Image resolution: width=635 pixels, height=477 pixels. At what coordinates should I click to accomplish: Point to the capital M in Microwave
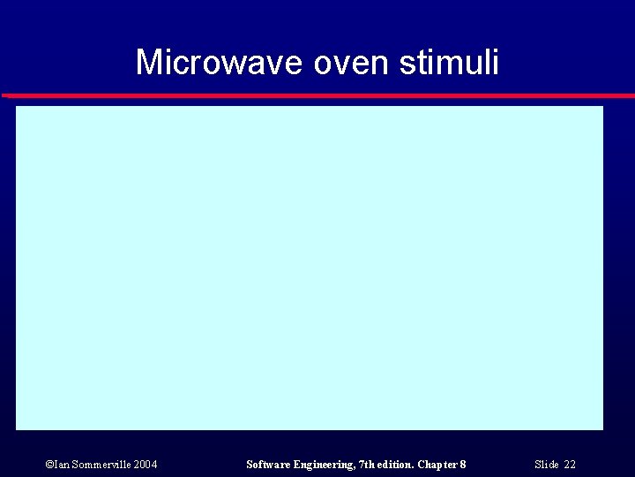click(x=149, y=63)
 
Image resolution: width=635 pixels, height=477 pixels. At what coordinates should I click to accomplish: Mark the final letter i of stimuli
click(x=496, y=62)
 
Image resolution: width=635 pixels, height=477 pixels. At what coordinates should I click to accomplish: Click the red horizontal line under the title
click(x=317, y=95)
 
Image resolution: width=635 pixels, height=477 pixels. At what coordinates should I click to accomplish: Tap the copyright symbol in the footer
click(x=48, y=465)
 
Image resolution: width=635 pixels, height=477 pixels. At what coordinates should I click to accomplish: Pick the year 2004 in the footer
click(x=146, y=465)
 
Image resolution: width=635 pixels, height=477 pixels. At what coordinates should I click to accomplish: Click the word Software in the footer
click(x=268, y=465)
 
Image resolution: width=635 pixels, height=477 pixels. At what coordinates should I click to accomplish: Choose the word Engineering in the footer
click(x=323, y=465)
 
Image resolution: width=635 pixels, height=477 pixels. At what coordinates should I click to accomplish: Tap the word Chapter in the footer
click(x=439, y=465)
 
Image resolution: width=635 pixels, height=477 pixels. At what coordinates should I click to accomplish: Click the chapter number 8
click(x=463, y=465)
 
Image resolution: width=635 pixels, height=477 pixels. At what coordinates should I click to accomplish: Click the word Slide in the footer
click(x=547, y=465)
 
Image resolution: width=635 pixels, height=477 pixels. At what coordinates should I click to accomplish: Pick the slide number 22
click(x=570, y=465)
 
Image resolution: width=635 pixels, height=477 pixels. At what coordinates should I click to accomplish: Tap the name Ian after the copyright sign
click(x=61, y=465)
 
